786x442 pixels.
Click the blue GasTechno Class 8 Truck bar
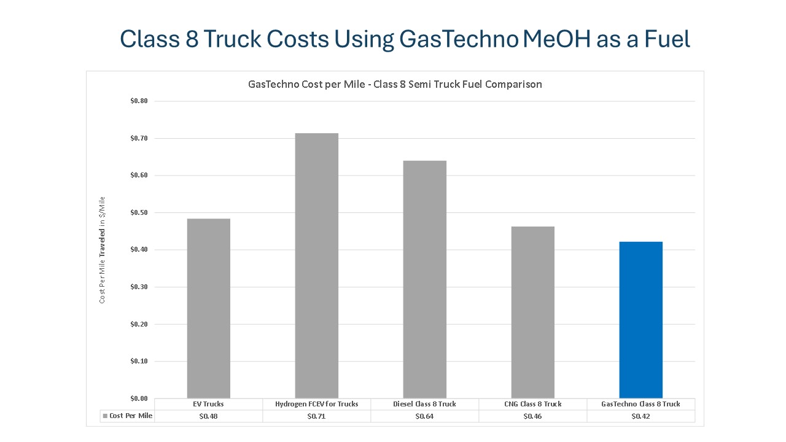point(640,320)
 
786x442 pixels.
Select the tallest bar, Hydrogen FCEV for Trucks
point(316,266)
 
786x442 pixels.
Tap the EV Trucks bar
point(208,308)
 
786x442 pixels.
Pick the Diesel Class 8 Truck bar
point(424,279)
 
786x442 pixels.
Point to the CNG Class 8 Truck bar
point(532,312)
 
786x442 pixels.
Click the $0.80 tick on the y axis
point(139,101)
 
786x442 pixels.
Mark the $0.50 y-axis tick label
point(139,212)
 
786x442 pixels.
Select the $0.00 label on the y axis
point(139,398)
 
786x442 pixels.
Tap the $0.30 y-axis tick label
point(139,287)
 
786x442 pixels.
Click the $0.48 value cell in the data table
point(208,416)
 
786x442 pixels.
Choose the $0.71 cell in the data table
point(316,416)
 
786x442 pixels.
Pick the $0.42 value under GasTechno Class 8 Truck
point(640,416)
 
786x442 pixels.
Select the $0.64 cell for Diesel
point(424,416)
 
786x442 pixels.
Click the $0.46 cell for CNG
point(532,416)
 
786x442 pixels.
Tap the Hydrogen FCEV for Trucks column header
point(316,404)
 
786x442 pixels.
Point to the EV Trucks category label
point(208,404)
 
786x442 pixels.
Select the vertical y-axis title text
point(103,250)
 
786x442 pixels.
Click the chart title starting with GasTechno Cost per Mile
point(395,84)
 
